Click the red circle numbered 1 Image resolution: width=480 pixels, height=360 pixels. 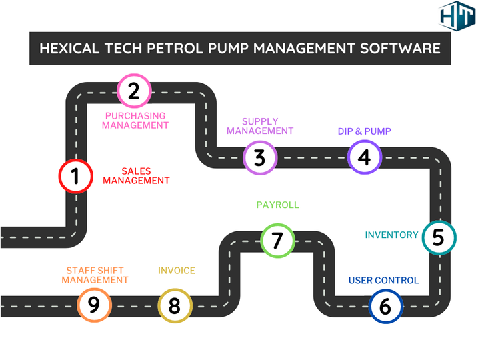[75, 177]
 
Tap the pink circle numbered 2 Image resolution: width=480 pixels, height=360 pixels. [134, 90]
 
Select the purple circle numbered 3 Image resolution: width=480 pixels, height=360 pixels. [259, 158]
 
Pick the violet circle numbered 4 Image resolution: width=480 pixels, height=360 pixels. [364, 157]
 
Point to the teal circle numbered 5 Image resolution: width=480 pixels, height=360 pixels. [438, 238]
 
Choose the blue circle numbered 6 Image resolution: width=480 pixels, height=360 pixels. [386, 307]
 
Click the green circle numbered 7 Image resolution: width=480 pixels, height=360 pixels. [277, 240]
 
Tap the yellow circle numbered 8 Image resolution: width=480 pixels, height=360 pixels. [175, 306]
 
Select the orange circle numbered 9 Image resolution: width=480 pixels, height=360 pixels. [93, 305]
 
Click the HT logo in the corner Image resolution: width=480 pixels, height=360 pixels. [457, 17]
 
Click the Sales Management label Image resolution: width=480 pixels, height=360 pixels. [136, 176]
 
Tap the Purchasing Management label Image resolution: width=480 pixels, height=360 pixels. [135, 120]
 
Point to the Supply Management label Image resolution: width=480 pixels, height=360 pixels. [259, 126]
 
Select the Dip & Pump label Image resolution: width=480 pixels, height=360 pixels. [364, 131]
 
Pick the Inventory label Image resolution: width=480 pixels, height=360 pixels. [391, 235]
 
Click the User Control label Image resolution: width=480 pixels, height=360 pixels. [384, 281]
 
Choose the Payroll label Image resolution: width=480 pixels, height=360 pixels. [277, 205]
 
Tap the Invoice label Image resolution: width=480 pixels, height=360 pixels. [177, 271]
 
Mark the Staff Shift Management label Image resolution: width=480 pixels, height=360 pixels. [95, 275]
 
